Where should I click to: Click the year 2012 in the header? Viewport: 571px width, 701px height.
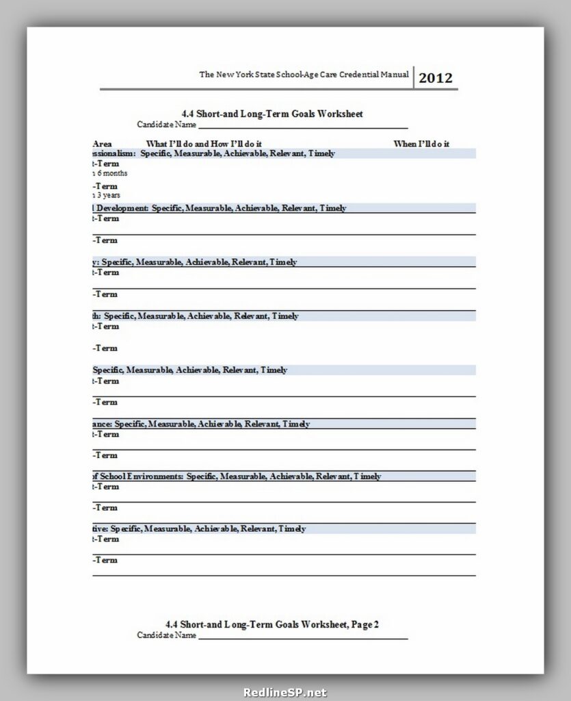(436, 77)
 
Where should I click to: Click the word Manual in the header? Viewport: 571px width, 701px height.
(394, 74)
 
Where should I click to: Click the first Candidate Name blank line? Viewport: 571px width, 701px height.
(302, 127)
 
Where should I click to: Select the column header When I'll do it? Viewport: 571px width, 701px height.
(421, 143)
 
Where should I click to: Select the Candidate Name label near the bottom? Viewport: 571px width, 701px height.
(166, 635)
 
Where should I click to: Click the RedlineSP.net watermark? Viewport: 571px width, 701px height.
(285, 692)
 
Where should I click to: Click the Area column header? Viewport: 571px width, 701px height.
(102, 143)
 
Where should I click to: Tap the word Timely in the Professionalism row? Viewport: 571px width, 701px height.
(321, 153)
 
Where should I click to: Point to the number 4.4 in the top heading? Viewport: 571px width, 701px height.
(188, 114)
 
